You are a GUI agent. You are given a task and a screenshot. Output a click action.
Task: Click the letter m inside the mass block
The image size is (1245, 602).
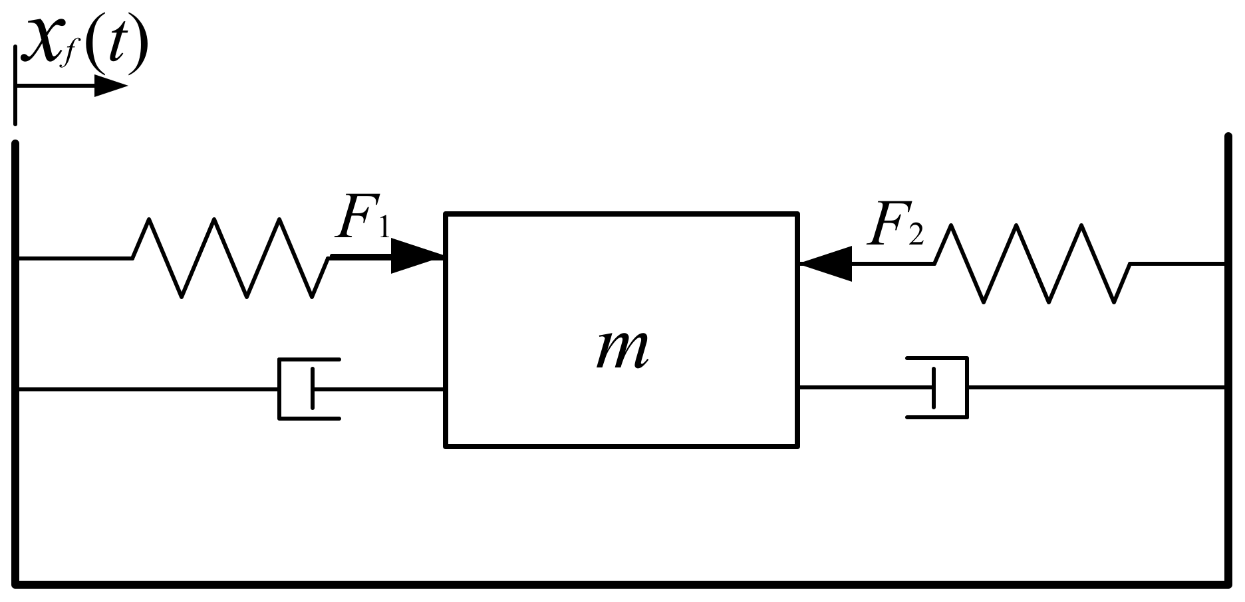pos(621,350)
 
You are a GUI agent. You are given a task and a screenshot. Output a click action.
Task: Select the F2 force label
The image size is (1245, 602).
pos(895,225)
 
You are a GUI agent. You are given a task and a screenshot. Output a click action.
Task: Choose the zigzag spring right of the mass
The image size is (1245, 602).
pos(1033,264)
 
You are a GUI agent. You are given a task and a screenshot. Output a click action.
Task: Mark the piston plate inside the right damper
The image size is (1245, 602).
pos(934,387)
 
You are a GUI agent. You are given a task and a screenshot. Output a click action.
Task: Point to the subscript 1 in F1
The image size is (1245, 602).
pos(383,228)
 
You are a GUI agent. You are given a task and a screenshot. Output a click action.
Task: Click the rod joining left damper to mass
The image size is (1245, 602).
pos(379,389)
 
